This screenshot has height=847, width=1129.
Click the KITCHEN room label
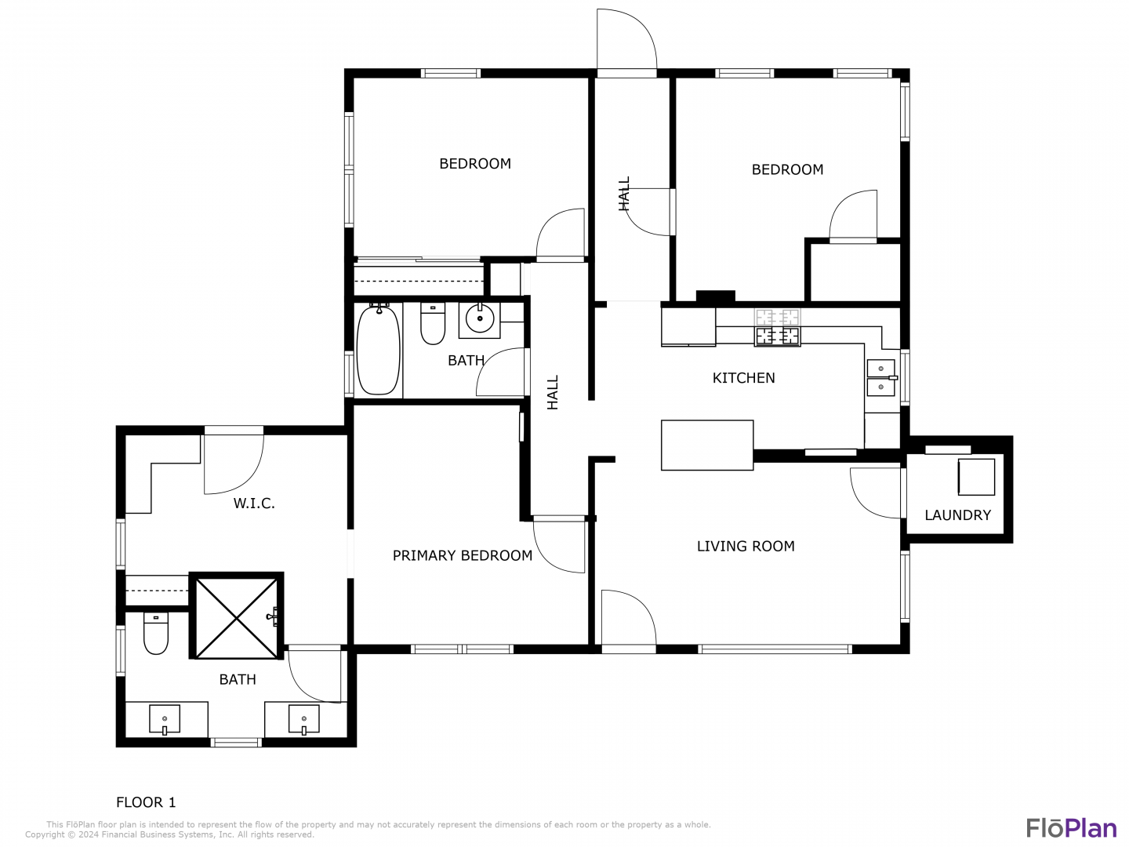(x=743, y=378)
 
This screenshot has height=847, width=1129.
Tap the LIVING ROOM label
(x=746, y=546)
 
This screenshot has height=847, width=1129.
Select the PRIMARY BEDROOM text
(x=462, y=555)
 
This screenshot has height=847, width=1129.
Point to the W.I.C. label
(x=254, y=503)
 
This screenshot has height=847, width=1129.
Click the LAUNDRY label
(x=957, y=514)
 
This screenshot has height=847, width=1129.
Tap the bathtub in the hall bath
(x=379, y=350)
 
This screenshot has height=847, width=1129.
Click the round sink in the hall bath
(x=480, y=319)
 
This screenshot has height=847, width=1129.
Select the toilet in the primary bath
(x=156, y=633)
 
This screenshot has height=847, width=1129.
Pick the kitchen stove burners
(x=777, y=328)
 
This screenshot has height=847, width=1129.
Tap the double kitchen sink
(x=881, y=377)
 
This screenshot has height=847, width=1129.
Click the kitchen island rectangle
(x=706, y=445)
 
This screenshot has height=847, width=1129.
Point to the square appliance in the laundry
(x=976, y=477)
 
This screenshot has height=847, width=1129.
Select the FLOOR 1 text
(x=146, y=802)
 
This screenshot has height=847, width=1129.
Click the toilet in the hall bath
(x=433, y=323)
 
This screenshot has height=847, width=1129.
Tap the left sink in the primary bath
(x=165, y=719)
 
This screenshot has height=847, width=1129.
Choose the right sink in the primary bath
(x=304, y=719)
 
